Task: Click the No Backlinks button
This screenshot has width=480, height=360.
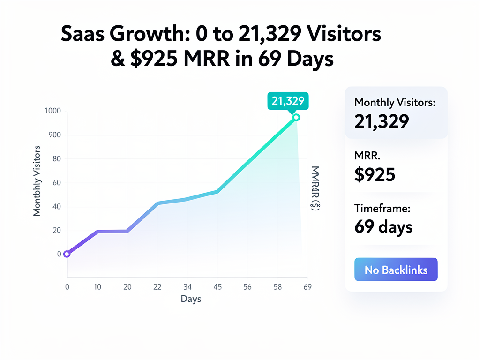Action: [x=396, y=270]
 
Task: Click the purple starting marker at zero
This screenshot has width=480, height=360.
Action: [x=67, y=254]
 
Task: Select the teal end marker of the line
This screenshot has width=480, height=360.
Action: [x=296, y=117]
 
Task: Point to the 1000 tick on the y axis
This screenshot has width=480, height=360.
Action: [x=53, y=111]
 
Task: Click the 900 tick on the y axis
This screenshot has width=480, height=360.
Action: [x=55, y=135]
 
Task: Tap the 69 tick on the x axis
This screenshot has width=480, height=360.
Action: [x=308, y=287]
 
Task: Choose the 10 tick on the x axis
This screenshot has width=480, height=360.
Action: [x=97, y=287]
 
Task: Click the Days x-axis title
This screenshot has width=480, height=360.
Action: [x=191, y=299]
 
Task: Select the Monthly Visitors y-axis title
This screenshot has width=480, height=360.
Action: [x=37, y=181]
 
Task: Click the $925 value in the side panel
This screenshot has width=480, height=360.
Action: [x=375, y=174]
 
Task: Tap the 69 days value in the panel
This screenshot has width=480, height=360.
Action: [x=383, y=227]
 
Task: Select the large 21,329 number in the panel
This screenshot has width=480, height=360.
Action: [x=382, y=121]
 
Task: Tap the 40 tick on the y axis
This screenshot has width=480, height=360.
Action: [x=57, y=207]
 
